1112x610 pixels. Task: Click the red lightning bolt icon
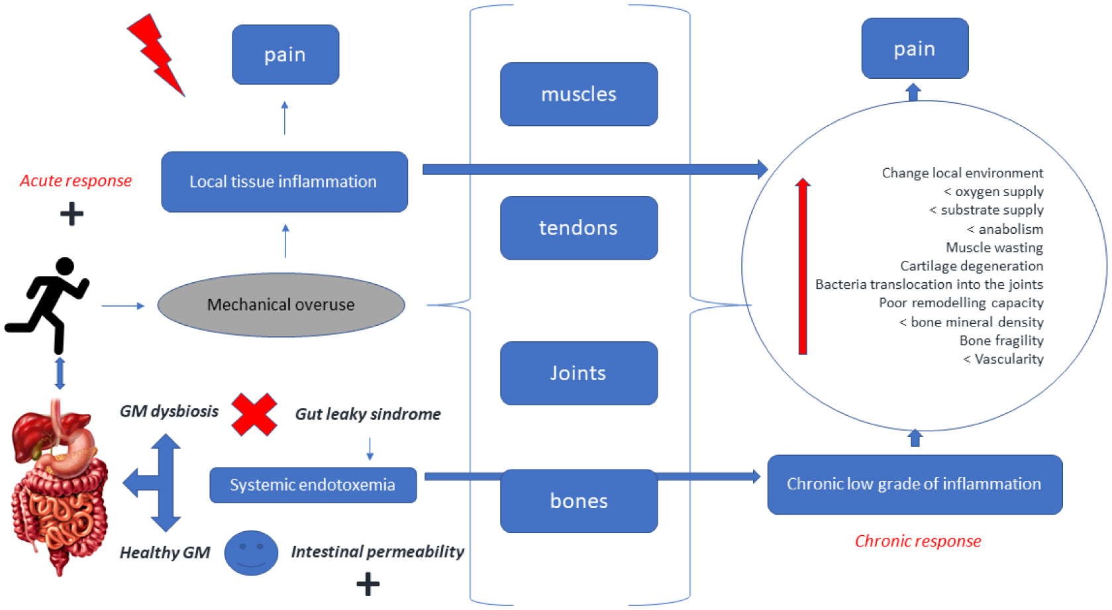(x=156, y=54)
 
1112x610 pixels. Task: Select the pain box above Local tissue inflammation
(x=285, y=54)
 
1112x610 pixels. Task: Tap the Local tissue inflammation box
(x=284, y=181)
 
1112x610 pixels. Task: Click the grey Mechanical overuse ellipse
(x=281, y=305)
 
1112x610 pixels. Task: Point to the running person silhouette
(x=48, y=305)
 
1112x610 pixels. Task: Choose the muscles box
(x=579, y=94)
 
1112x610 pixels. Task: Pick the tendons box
(x=579, y=228)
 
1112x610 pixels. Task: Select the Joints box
(x=579, y=373)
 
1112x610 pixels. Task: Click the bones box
(x=579, y=501)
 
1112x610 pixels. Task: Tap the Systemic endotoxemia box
(x=313, y=485)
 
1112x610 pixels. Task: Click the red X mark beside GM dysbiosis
(x=254, y=415)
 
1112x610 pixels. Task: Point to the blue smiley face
(x=251, y=552)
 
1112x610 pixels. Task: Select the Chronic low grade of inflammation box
(x=915, y=484)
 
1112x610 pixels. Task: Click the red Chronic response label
(x=917, y=541)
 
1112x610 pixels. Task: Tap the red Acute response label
(x=76, y=181)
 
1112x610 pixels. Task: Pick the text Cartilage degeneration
(x=971, y=266)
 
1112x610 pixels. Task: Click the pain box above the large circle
(x=915, y=48)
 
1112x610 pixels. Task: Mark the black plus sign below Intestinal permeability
(x=368, y=584)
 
